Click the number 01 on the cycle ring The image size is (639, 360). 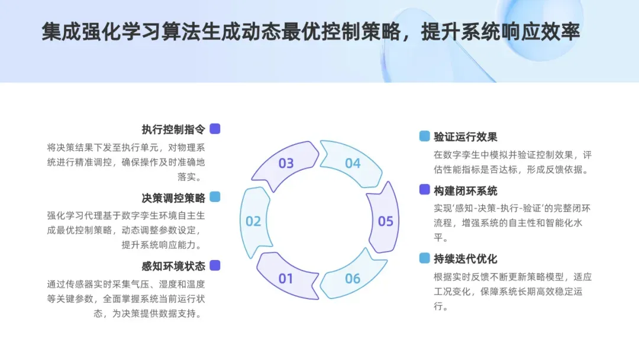coord(286,278)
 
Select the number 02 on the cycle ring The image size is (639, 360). coord(253,221)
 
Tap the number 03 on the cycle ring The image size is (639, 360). coord(286,163)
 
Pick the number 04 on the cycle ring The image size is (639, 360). coord(353,163)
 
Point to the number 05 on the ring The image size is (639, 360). coord(386,221)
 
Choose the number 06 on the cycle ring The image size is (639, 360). coord(353,278)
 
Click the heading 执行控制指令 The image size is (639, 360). coord(173,129)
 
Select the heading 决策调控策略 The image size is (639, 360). coord(173,198)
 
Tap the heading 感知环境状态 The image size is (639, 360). coord(173,266)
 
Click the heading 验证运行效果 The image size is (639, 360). coord(466,137)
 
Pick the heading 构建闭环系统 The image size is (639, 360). coord(466,191)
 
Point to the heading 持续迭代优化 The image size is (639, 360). coord(466,259)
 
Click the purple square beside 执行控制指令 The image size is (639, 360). coord(215,128)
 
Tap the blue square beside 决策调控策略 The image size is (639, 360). coord(215,197)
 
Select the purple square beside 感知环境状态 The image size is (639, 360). coord(215,265)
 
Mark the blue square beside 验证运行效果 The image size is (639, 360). coord(424,136)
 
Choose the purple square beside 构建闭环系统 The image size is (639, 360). coord(424,189)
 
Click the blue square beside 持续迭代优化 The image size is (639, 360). coord(424,258)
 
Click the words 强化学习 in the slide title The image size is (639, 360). coord(118,32)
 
